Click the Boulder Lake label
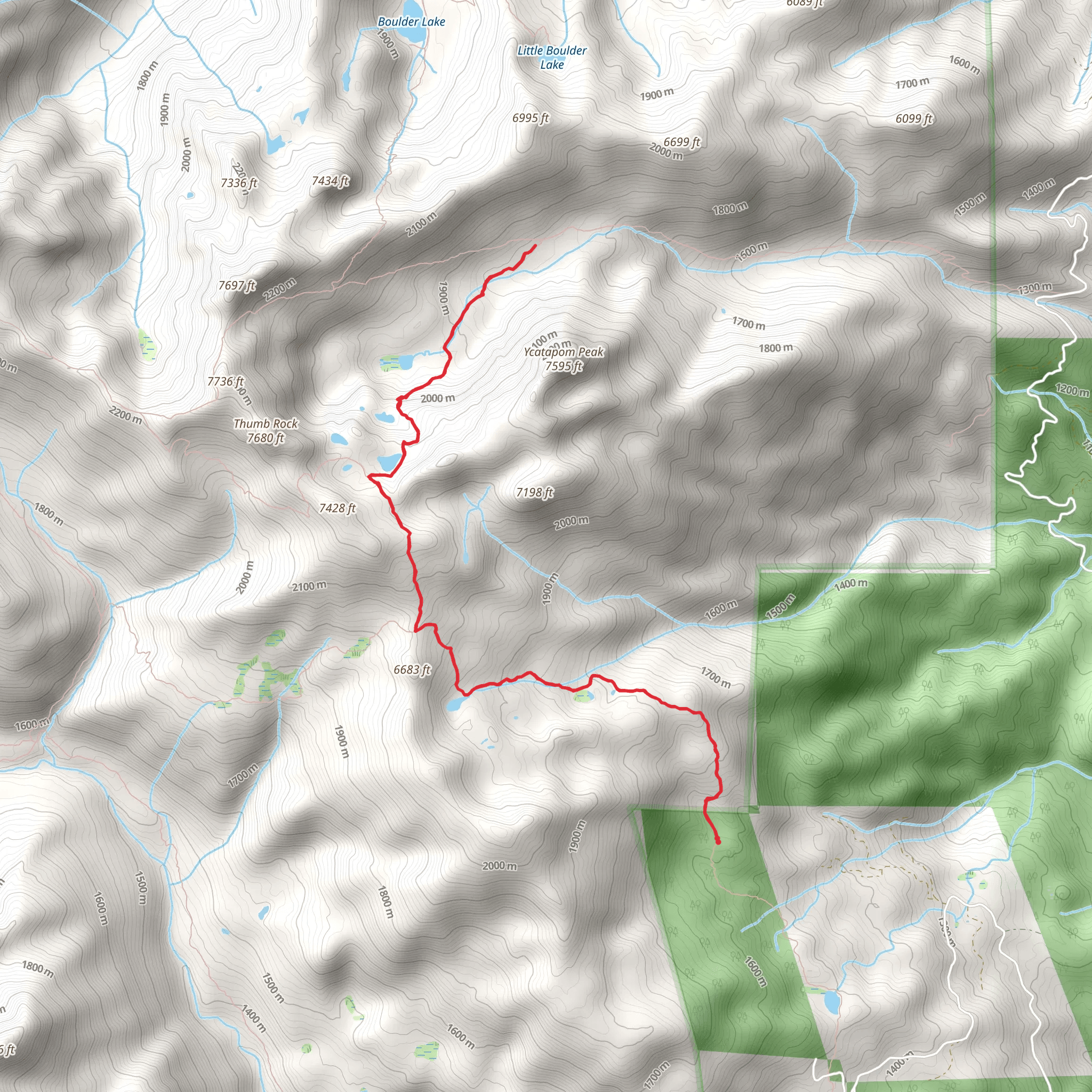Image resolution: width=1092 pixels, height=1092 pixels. (x=412, y=22)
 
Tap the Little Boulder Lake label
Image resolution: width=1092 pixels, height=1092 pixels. (x=552, y=58)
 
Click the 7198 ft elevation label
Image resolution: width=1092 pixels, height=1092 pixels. (x=534, y=493)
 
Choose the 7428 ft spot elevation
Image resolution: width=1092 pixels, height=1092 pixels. (x=338, y=509)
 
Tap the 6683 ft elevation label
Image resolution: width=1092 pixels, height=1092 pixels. (x=412, y=670)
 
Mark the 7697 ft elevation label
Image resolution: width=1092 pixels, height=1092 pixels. (x=237, y=286)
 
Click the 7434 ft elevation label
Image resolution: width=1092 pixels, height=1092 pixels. (x=331, y=181)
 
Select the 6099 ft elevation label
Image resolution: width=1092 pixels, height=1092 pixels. (x=914, y=119)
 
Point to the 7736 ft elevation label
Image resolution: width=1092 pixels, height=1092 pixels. (x=226, y=382)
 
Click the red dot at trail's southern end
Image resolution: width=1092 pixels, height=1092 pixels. (x=718, y=841)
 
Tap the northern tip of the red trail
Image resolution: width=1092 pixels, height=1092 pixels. (x=535, y=245)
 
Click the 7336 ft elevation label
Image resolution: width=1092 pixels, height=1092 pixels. (x=239, y=183)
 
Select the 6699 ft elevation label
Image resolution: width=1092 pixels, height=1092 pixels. (x=681, y=142)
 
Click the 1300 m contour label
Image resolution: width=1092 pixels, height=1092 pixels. (x=1035, y=288)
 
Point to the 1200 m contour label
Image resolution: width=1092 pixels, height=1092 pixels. (x=1072, y=389)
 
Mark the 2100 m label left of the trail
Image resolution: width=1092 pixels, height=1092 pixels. (x=309, y=586)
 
